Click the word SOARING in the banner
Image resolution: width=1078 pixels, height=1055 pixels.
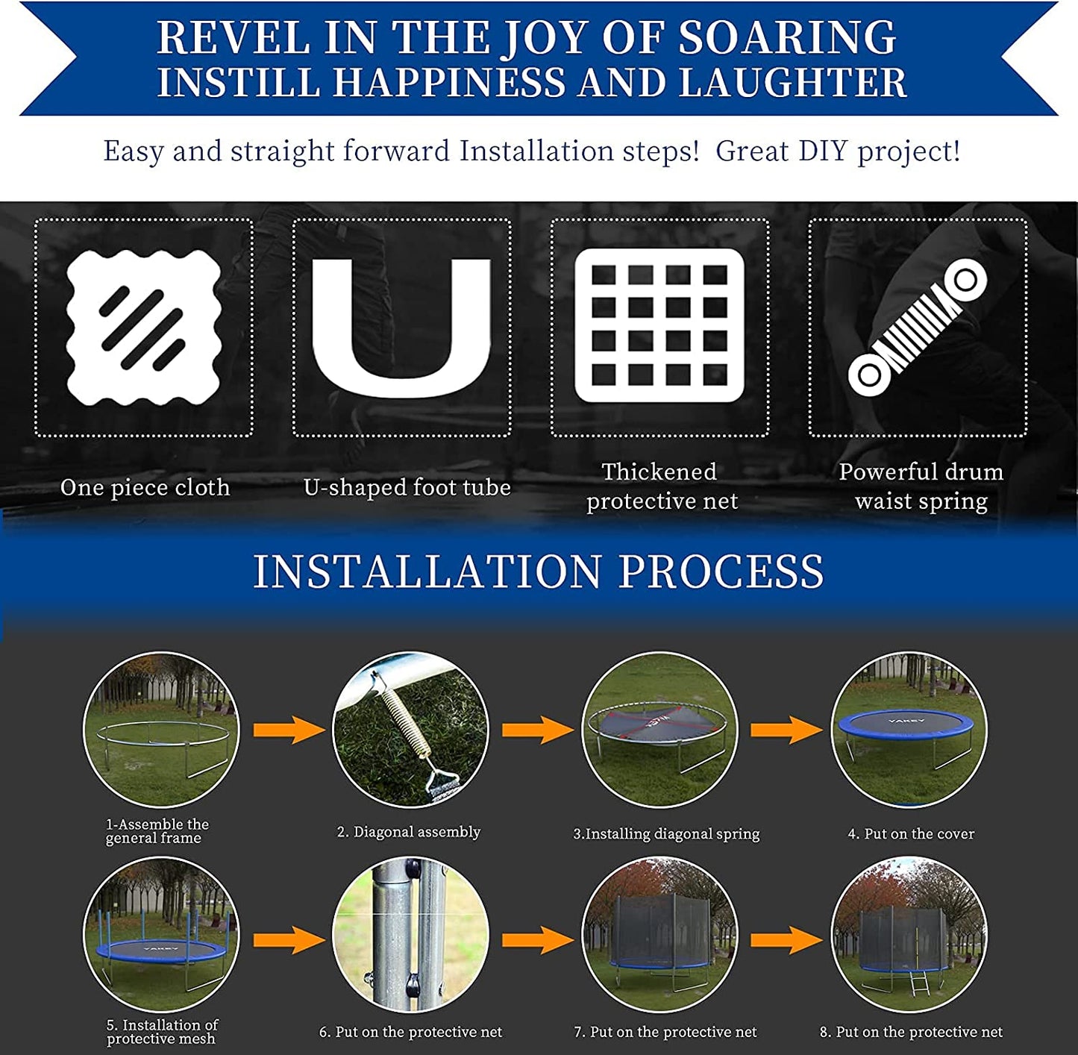(x=787, y=37)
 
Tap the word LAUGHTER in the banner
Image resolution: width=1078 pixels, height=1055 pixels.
(x=793, y=82)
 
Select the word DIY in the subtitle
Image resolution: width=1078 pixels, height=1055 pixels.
(x=823, y=150)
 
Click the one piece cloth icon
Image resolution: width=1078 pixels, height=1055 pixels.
(x=143, y=327)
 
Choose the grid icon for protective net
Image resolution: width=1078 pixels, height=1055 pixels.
(x=659, y=325)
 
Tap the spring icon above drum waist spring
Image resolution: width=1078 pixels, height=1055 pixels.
(x=918, y=328)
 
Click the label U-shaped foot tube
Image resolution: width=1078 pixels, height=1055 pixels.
(x=407, y=488)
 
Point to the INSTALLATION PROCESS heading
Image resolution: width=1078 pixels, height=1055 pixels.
(x=539, y=572)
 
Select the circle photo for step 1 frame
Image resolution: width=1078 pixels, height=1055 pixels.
(x=160, y=730)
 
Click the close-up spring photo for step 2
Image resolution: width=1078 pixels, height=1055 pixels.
(x=410, y=730)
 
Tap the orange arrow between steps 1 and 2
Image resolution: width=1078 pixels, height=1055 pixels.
(x=289, y=730)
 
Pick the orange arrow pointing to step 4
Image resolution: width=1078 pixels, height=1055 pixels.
(x=786, y=730)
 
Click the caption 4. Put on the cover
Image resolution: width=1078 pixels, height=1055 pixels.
(x=911, y=834)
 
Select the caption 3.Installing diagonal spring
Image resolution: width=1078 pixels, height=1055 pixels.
(x=666, y=834)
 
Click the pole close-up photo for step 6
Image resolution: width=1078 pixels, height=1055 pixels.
(x=410, y=936)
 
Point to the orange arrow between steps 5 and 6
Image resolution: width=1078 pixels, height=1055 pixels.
(x=289, y=940)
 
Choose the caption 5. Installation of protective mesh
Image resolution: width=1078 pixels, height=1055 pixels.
(x=162, y=1031)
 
